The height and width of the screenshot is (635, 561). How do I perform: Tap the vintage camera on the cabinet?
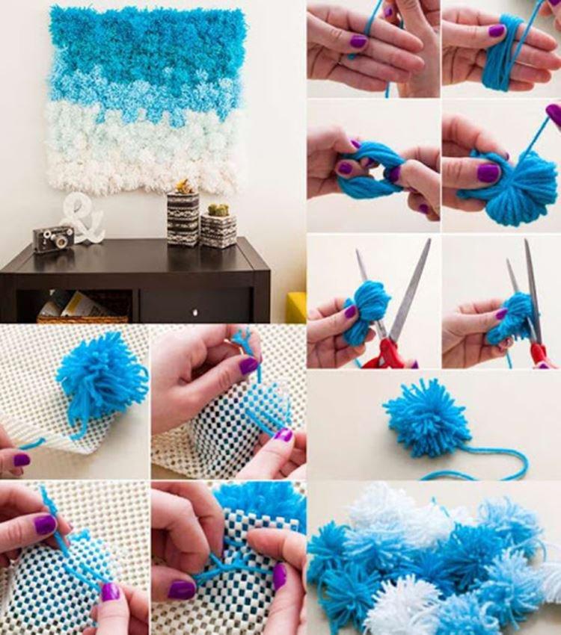point(53,239)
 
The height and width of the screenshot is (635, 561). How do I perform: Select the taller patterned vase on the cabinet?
point(183,218)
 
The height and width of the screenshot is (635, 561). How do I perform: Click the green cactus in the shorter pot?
point(218,210)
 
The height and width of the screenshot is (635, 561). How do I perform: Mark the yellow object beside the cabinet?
point(296,307)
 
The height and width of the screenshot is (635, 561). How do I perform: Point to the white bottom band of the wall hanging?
point(142,168)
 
